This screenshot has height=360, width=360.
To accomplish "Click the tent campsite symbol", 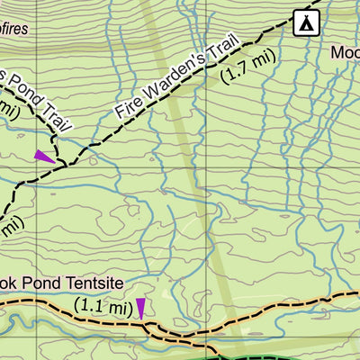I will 306,22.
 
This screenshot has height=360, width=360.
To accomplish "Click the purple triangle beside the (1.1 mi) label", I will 140,309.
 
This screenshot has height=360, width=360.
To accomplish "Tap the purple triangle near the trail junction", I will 43,156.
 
